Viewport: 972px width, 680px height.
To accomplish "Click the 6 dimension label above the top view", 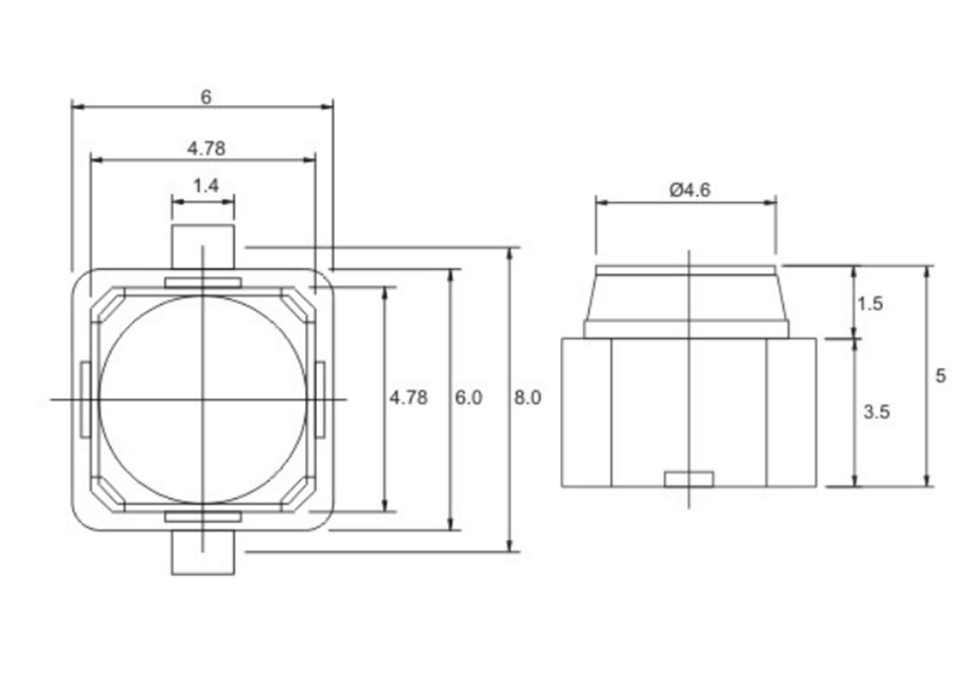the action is [206, 97].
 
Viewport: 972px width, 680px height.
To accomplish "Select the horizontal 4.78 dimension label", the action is [206, 149].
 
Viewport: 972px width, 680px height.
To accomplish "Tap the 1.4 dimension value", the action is [206, 186].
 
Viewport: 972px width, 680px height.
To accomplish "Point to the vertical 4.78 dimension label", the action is [408, 397].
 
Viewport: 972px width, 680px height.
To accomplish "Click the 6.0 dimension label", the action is [469, 397].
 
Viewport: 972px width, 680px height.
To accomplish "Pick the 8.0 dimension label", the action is [528, 397].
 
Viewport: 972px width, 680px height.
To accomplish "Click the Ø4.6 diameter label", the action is [690, 190].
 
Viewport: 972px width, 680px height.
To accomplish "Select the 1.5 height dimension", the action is [870, 303].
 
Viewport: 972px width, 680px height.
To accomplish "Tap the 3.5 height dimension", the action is [877, 412].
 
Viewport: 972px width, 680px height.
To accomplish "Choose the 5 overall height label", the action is [941, 376].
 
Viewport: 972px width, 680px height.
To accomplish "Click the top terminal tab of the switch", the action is [203, 247].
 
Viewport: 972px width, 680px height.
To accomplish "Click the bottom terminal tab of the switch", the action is [203, 553].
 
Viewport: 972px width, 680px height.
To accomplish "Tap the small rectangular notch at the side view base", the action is [689, 479].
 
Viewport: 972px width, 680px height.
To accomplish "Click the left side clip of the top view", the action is [87, 400].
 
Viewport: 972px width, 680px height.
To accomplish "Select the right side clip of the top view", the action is [320, 400].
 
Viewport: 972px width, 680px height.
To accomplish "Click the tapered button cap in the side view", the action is [686, 293].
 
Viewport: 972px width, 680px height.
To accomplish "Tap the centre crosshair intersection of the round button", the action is [203, 399].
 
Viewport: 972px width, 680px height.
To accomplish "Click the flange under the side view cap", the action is [686, 329].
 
